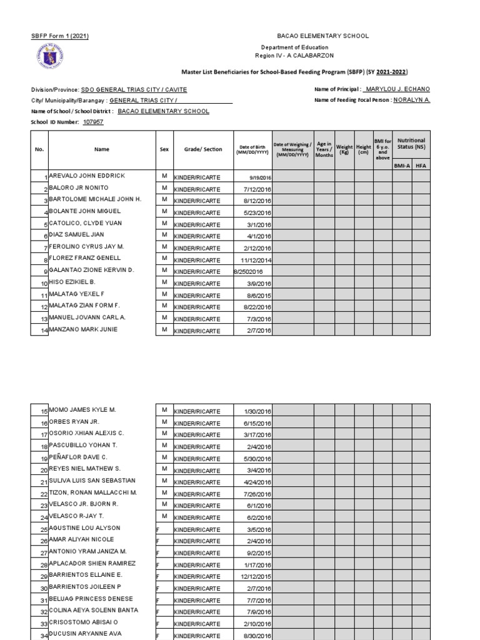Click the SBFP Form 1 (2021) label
pos(59,36)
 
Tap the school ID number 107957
pos(93,122)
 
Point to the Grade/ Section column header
pos(203,149)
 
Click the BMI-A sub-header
pos(401,166)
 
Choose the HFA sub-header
pos(421,166)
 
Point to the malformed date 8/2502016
pos(249,272)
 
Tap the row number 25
pos(43,529)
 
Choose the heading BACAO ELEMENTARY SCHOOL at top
pos(322,36)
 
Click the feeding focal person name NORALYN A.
pos(411,100)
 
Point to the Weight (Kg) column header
pos(344,149)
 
